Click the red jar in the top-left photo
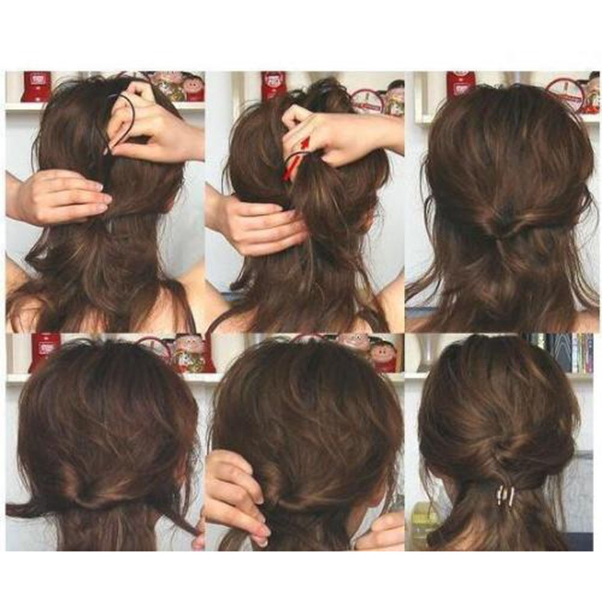36,87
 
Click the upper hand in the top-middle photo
337,132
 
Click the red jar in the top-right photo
461,84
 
